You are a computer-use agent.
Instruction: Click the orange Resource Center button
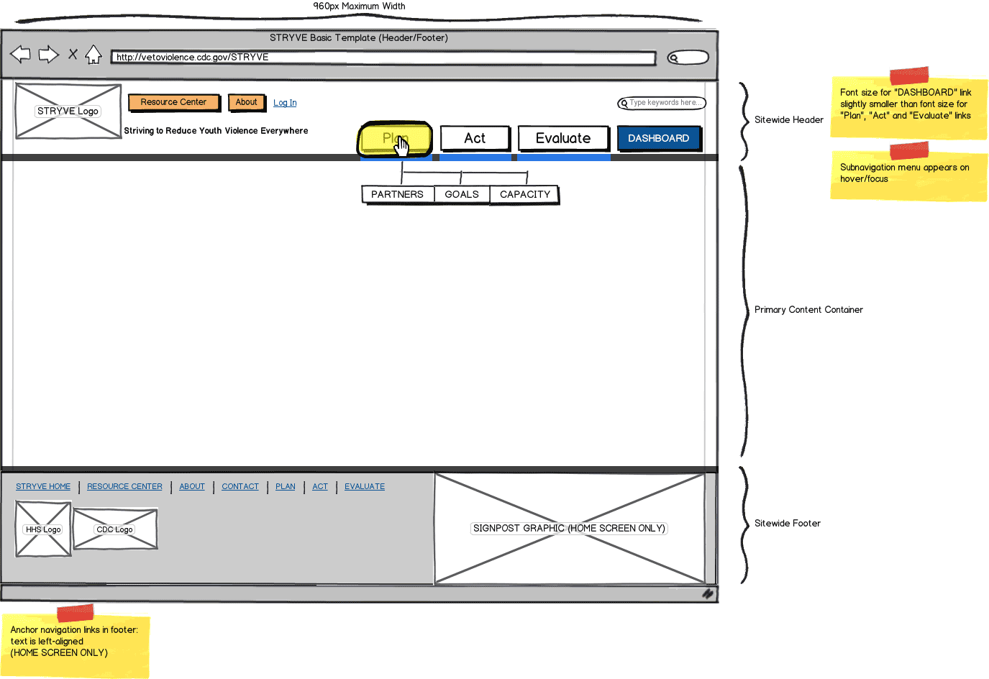coord(173,103)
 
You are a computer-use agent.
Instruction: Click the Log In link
coord(285,103)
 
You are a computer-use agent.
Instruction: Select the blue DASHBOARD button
coord(658,138)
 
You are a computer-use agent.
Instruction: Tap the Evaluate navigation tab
coord(563,138)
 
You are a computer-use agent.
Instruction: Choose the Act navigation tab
coord(475,138)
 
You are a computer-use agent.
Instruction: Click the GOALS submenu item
coord(462,194)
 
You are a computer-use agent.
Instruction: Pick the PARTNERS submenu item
coord(397,194)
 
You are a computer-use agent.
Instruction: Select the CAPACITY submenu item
coord(525,194)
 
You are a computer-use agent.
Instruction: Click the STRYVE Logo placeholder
coord(68,111)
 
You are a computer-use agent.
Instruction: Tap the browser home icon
coord(94,55)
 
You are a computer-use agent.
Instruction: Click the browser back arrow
coord(20,54)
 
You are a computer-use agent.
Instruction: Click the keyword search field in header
coord(662,103)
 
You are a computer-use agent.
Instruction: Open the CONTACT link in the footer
coord(240,487)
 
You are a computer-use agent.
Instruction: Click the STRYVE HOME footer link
coord(43,487)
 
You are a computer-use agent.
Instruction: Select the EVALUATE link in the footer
coord(365,487)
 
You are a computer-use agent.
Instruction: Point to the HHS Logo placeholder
coord(43,529)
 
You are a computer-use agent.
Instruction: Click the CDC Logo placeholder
coord(115,529)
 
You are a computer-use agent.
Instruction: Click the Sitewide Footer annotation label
coord(787,524)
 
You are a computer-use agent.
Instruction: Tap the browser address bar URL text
coord(193,58)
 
